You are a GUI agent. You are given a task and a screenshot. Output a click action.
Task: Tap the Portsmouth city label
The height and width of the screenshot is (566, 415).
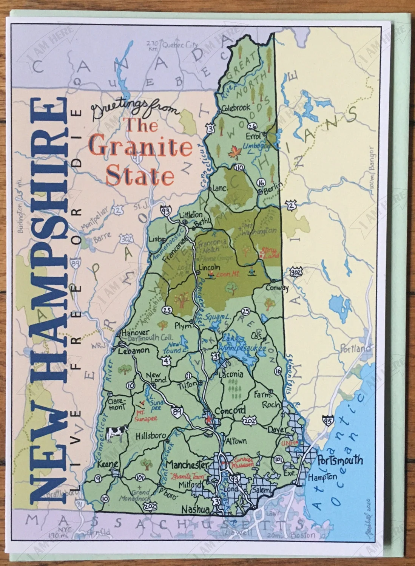(x=339, y=460)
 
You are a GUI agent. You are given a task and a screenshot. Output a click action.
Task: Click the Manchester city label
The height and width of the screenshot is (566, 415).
(x=187, y=464)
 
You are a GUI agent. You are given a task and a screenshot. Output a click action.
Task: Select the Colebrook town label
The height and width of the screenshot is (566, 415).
(x=236, y=108)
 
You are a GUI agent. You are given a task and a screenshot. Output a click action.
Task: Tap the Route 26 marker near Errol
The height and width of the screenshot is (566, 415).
(x=252, y=125)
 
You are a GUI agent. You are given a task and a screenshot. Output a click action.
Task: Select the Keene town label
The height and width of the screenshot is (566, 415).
(x=108, y=464)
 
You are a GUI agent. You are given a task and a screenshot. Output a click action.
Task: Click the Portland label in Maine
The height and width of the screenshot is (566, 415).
(x=355, y=348)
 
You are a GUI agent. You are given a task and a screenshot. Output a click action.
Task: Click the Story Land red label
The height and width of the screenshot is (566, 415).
(x=268, y=252)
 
